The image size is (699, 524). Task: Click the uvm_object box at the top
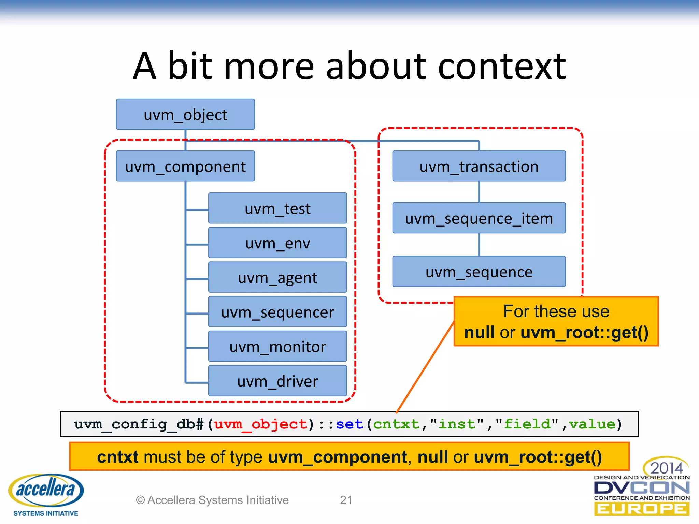click(x=185, y=114)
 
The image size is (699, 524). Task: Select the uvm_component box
click(x=185, y=166)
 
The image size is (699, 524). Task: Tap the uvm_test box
click(x=277, y=208)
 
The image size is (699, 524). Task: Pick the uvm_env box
click(x=277, y=243)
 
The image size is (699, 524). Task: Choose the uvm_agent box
click(x=277, y=277)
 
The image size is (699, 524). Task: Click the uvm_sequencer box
click(x=277, y=312)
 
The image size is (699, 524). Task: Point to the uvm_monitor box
click(x=277, y=346)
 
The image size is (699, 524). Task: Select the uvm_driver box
click(x=277, y=381)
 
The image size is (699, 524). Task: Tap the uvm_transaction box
click(x=479, y=166)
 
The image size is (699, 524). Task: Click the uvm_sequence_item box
click(x=479, y=218)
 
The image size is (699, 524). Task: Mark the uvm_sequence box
click(x=479, y=272)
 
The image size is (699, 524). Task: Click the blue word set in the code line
click(x=349, y=424)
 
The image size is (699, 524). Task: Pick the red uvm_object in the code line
click(x=261, y=424)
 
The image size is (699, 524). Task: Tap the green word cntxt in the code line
click(x=396, y=424)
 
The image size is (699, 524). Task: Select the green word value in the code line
click(x=592, y=424)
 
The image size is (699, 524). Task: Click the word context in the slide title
click(x=502, y=67)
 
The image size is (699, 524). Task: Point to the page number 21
click(x=346, y=500)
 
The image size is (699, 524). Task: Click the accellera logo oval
click(x=46, y=490)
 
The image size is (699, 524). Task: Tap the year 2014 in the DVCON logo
click(x=666, y=468)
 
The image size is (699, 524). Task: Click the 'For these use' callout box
click(x=556, y=321)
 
